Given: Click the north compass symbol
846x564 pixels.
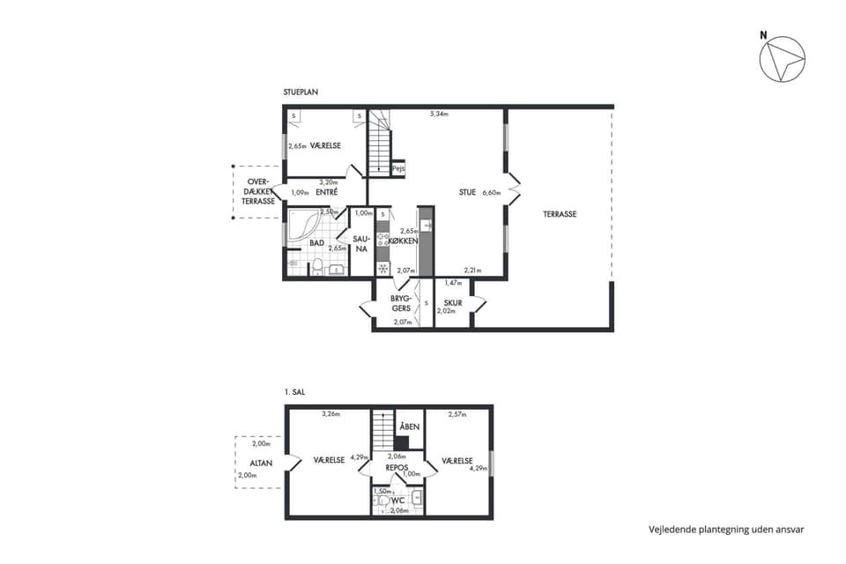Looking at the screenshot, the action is click(x=782, y=59).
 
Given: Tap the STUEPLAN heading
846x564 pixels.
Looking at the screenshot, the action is click(x=301, y=93).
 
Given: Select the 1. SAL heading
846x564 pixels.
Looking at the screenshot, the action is click(x=294, y=392).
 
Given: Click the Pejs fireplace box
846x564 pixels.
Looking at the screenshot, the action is click(x=398, y=168).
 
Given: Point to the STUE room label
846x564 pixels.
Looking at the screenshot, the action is click(x=467, y=192).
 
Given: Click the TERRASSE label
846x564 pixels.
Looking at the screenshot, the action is click(x=560, y=214).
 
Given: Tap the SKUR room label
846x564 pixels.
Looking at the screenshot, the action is click(x=453, y=303).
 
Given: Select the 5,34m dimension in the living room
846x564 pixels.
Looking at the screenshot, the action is click(x=439, y=114).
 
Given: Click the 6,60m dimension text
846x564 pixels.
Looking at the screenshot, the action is click(x=492, y=193).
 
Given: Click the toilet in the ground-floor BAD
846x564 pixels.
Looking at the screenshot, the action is click(x=317, y=267).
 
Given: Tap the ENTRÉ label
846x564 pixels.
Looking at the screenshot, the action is click(x=327, y=192).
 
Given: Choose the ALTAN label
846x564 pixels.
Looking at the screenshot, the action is click(x=261, y=463).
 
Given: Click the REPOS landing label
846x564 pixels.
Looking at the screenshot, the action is click(x=397, y=467).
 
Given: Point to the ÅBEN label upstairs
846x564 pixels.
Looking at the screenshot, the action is click(x=410, y=427).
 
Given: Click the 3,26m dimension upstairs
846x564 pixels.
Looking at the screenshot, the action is click(x=330, y=414).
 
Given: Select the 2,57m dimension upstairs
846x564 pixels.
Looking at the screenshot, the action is click(x=457, y=414).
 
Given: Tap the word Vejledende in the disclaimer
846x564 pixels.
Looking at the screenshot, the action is click(x=672, y=530).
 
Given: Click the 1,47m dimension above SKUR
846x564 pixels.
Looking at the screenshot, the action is click(x=453, y=283).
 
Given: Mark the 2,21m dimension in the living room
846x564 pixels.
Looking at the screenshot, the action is click(x=472, y=271).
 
